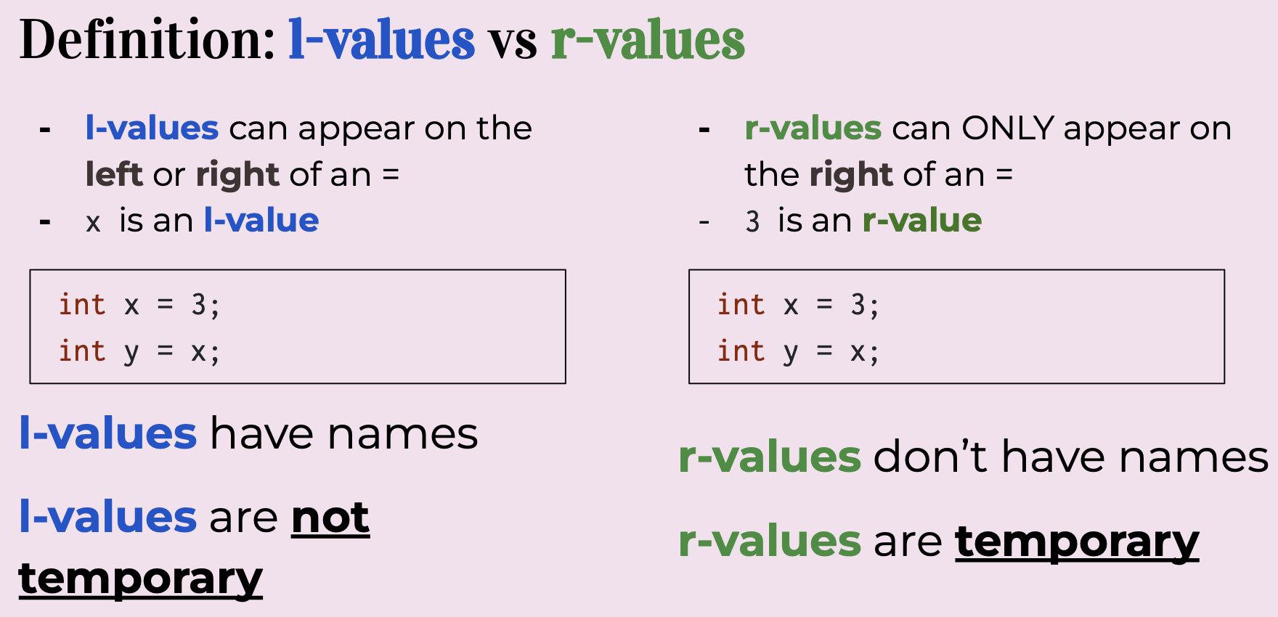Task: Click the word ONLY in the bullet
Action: pos(1008,128)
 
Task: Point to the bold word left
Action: pos(113,174)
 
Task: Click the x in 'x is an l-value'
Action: pos(93,223)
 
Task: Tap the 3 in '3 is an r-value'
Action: pos(752,221)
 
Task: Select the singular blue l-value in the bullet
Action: pos(261,220)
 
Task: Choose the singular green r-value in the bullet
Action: pos(922,220)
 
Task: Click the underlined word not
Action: pos(330,518)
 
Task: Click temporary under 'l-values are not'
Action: pos(141,579)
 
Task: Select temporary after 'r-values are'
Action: pos(1077,542)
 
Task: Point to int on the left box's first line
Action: pos(82,305)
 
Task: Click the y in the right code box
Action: pos(791,354)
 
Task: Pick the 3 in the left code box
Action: pos(198,305)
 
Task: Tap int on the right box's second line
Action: pos(741,351)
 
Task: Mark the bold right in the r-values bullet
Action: pos(851,176)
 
